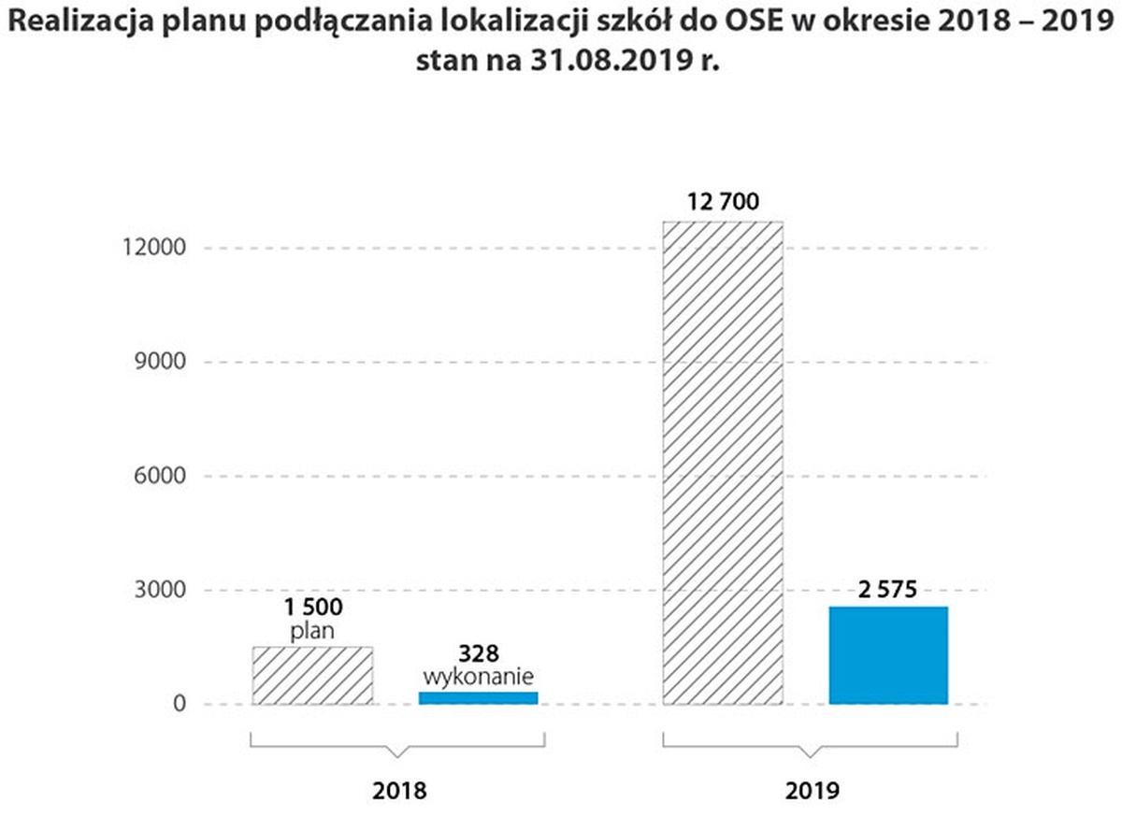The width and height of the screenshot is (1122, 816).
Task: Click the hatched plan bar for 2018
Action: tap(312, 675)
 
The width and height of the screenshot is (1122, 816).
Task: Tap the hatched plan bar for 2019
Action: tap(722, 463)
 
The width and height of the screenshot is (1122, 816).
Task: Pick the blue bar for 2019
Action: tap(888, 655)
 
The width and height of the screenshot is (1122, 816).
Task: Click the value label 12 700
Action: tap(722, 202)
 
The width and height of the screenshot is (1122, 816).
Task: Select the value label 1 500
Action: tap(312, 608)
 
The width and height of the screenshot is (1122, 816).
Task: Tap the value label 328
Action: tap(478, 652)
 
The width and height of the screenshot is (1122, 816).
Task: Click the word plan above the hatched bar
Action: tap(312, 631)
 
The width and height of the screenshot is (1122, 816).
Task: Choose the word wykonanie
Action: tap(478, 675)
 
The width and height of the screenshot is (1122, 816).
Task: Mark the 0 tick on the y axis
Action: tap(165, 705)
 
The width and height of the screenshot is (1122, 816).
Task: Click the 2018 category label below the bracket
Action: tap(399, 790)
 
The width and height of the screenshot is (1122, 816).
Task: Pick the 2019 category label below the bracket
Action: tap(813, 790)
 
